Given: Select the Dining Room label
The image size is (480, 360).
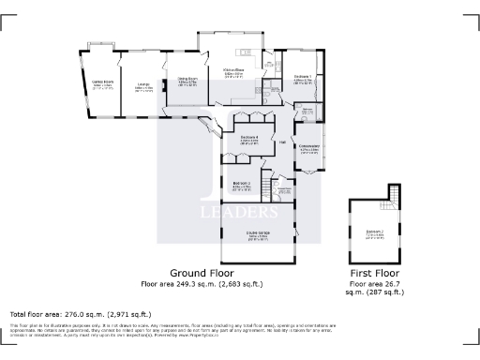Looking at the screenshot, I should click(x=187, y=80).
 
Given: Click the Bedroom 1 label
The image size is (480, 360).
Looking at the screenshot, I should click(x=303, y=77).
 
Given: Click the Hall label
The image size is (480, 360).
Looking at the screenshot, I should click(x=282, y=142).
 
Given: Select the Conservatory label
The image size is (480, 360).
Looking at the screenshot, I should click(x=308, y=146).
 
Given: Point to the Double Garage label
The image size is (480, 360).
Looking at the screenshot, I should click(x=256, y=236).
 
